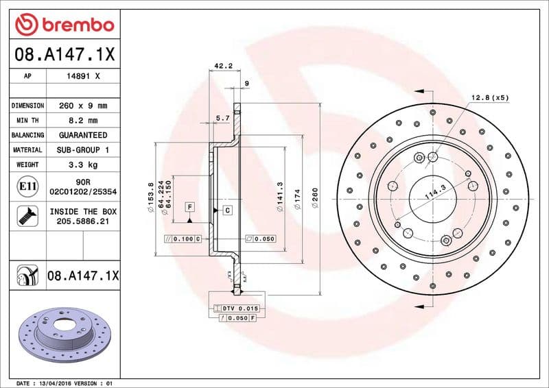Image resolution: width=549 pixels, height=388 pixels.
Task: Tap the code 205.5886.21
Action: (x=82, y=222)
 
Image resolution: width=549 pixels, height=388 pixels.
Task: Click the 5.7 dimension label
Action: (x=222, y=119)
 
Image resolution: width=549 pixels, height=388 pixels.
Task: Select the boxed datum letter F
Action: (x=189, y=206)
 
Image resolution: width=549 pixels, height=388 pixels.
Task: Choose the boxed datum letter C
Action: (x=227, y=210)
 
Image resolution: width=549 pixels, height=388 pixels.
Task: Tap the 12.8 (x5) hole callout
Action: (x=490, y=99)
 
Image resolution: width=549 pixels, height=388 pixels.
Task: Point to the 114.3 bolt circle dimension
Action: (x=434, y=191)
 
